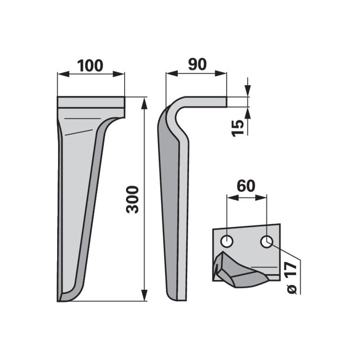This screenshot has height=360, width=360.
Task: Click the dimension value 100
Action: pyautogui.click(x=90, y=66)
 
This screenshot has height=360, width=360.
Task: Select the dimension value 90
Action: pyautogui.click(x=197, y=64)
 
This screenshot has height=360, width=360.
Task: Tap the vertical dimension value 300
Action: pyautogui.click(x=133, y=199)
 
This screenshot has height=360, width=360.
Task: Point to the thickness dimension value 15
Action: pyautogui.click(x=238, y=128)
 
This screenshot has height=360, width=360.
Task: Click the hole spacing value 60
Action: pyautogui.click(x=246, y=186)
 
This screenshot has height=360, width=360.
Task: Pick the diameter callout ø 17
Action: pyautogui.click(x=292, y=278)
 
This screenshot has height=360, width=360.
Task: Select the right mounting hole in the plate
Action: pyautogui.click(x=266, y=242)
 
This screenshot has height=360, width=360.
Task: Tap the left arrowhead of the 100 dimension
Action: pyautogui.click(x=63, y=74)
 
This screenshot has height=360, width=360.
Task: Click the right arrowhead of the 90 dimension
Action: pyautogui.click(x=220, y=73)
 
